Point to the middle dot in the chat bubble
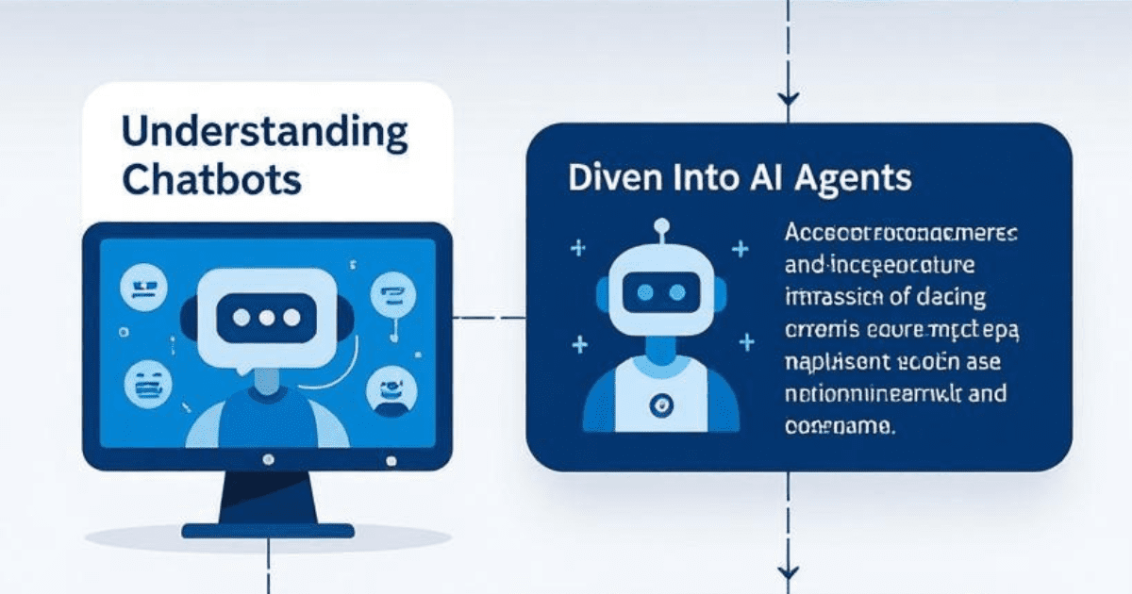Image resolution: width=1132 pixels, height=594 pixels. (266, 318)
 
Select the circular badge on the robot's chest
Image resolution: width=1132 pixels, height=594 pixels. (658, 405)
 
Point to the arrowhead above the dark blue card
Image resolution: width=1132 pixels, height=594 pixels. (790, 98)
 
